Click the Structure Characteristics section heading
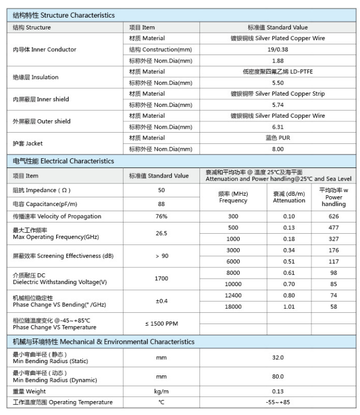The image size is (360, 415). pos(64,16)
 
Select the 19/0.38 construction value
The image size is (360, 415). pos(278,50)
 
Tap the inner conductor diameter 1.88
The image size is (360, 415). pos(278,61)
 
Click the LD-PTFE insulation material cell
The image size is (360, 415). pos(278,72)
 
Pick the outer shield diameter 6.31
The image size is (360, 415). pos(278,127)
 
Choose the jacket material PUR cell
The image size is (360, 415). pos(278,138)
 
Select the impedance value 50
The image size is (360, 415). pos(162,190)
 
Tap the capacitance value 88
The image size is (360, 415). pos(162,204)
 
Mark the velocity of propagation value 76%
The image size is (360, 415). pos(162,217)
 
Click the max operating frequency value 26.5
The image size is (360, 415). pos(162,233)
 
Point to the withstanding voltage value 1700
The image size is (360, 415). pos(162,279)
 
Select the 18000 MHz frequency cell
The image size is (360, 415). pos(233,307)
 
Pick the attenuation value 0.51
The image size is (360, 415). pos(289,262)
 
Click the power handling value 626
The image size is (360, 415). pos(334,217)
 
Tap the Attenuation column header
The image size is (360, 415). pos(289,197)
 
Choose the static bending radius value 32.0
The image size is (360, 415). pos(278,358)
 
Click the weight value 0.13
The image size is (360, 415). pos(278,391)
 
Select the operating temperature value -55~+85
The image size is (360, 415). pos(278,402)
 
